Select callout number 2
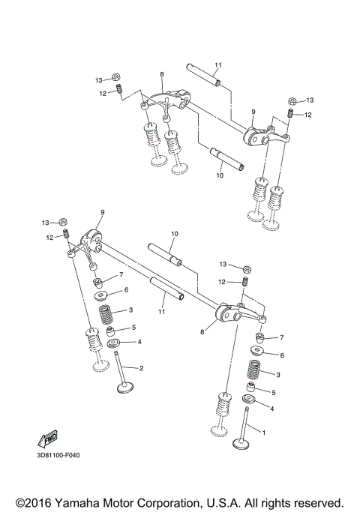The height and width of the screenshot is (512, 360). [x=140, y=367]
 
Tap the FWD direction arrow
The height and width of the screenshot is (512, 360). [x=48, y=437]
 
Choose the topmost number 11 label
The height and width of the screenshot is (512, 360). [x=218, y=66]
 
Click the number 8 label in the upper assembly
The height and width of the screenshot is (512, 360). [x=161, y=75]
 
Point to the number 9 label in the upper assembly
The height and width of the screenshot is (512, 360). [x=253, y=112]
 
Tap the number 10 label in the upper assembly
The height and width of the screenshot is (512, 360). [x=220, y=176]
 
